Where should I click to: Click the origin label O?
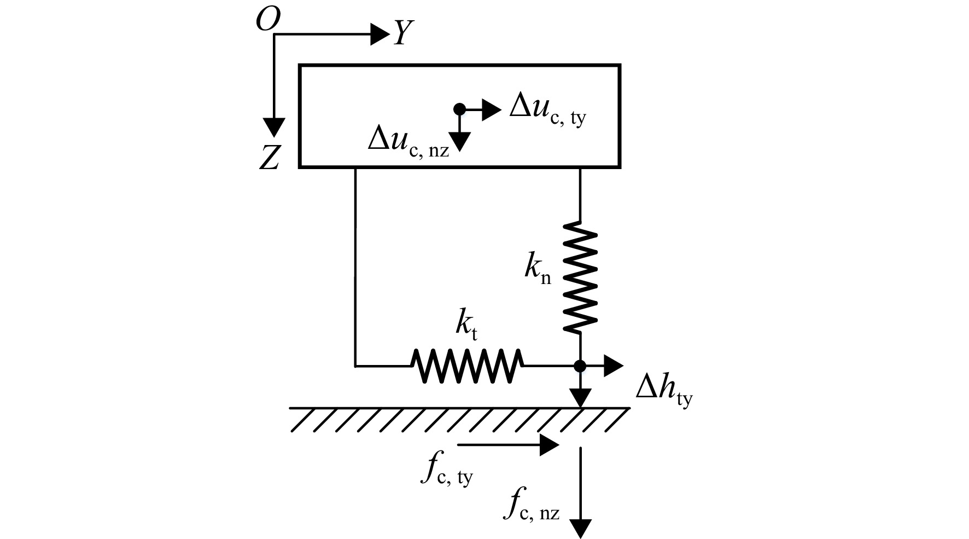coord(268,21)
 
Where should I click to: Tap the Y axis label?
coord(403,33)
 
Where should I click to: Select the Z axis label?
coord(269,159)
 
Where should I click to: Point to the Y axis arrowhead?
coord(380,34)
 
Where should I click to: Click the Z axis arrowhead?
coord(273,127)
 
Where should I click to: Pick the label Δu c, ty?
coord(547,109)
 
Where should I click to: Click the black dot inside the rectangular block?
coord(460,109)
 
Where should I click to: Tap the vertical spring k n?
coord(580,277)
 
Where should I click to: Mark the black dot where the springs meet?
coord(580,366)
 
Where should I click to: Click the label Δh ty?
coord(664,392)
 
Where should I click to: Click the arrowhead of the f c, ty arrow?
coord(549,445)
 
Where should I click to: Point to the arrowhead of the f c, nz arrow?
coord(580,529)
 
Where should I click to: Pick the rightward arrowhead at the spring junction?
coord(613,366)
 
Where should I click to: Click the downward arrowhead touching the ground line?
coord(580,398)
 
